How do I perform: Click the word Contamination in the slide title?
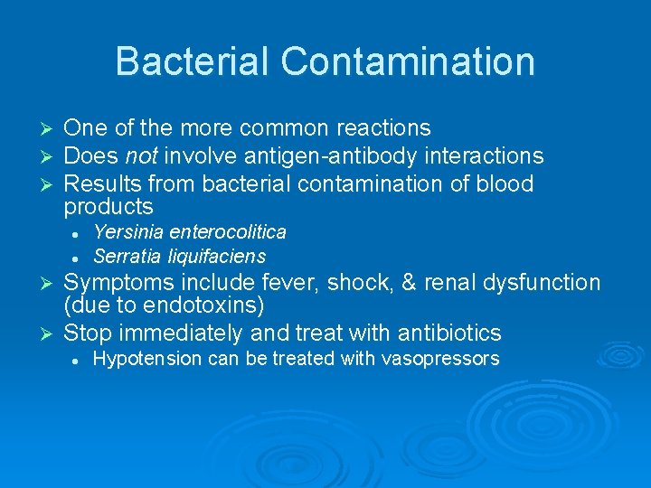tap(407, 61)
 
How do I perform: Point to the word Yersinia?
tap(126, 232)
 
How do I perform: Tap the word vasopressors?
tap(441, 359)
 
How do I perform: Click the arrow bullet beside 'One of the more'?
tap(51, 129)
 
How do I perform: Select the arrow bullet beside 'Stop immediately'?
tap(51, 333)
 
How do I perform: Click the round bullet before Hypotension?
tap(79, 360)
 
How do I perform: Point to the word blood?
tap(504, 184)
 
